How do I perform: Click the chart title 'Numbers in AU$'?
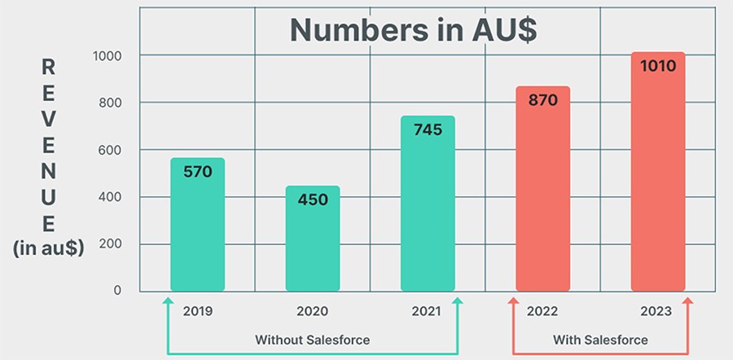[x=414, y=30]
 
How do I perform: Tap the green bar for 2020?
[x=313, y=244]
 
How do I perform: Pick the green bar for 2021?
[x=428, y=212]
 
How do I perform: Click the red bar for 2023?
[x=658, y=179]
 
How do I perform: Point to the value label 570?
[x=197, y=172]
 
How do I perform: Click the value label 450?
[x=313, y=200]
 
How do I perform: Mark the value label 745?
[x=428, y=130]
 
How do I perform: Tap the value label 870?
[x=542, y=100]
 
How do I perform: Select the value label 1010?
[x=658, y=66]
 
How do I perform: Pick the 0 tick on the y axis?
[x=117, y=290]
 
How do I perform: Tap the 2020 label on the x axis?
[x=313, y=311]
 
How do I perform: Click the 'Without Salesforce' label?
[x=313, y=340]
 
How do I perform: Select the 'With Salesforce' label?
[x=600, y=340]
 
